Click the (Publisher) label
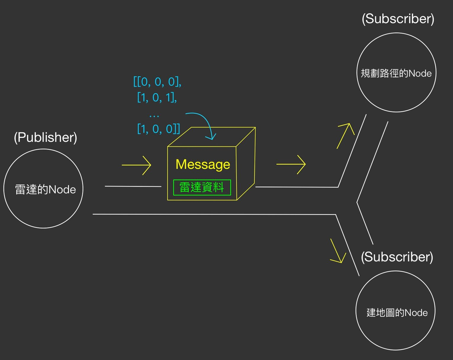[46, 138]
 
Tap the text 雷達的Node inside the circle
[46, 190]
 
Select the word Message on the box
[203, 164]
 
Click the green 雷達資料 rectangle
[202, 187]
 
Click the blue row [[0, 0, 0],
[157, 82]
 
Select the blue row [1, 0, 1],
[157, 97]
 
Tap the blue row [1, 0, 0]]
[158, 129]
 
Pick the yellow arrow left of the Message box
[136, 165]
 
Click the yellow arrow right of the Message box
[291, 164]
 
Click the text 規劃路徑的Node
[396, 73]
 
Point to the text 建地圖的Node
[397, 313]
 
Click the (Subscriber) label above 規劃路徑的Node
[398, 19]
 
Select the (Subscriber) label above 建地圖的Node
[397, 257]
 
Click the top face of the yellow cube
[211, 137]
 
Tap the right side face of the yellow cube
[246, 166]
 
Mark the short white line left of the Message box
[133, 186]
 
